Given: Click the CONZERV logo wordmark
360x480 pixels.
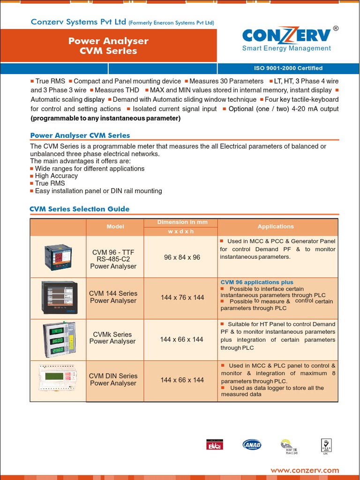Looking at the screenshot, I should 286,36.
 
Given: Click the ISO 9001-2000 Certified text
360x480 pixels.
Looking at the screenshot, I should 288,68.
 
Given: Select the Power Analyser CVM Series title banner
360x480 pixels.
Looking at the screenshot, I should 108,46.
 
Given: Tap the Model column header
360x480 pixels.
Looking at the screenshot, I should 115,227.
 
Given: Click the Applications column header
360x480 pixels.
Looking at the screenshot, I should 276,227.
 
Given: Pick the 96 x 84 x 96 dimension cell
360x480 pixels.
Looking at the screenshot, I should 182,257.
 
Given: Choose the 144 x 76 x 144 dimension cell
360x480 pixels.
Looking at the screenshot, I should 182,298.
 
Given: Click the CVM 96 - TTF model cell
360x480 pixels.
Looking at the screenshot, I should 113,259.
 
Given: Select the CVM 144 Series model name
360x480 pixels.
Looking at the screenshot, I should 113,297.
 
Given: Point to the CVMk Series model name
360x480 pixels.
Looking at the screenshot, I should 112,338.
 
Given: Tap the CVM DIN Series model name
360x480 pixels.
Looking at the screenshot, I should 113,380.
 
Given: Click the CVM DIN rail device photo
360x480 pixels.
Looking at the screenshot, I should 58,378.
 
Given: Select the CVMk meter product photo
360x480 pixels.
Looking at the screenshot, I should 58,339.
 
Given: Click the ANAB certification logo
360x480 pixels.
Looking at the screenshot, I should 252,445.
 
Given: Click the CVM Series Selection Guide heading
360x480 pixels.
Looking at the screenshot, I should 80,209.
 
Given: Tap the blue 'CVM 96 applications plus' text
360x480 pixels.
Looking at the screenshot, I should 257,282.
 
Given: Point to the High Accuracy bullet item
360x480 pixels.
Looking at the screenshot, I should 56,176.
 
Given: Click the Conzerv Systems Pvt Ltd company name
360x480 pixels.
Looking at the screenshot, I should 78,22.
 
